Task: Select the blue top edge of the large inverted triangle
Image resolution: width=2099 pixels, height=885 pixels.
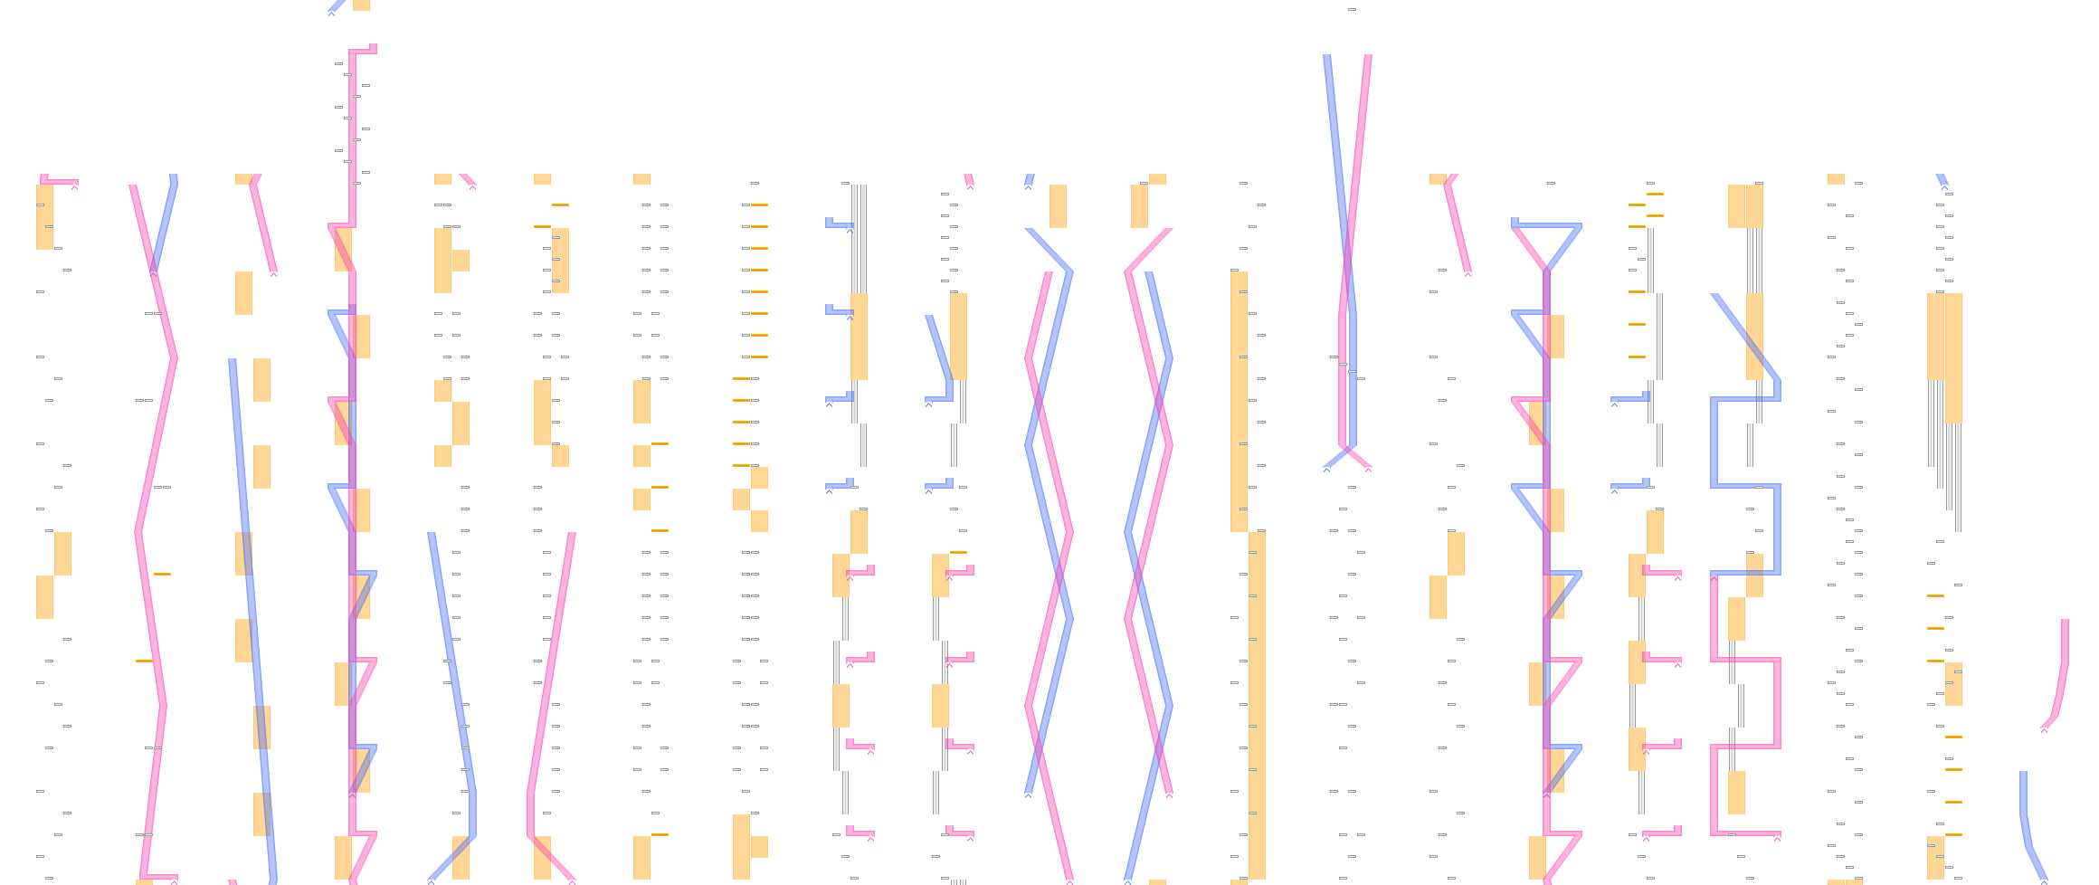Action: [1546, 224]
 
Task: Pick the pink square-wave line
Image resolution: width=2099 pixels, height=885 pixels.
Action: [1746, 706]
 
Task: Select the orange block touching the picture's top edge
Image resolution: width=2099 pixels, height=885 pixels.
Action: [361, 5]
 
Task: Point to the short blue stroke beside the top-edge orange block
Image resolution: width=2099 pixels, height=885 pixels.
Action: [338, 6]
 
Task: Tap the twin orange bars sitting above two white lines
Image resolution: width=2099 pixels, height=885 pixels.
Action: [1745, 206]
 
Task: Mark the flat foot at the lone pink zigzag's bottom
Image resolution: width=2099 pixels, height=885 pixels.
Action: [159, 875]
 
